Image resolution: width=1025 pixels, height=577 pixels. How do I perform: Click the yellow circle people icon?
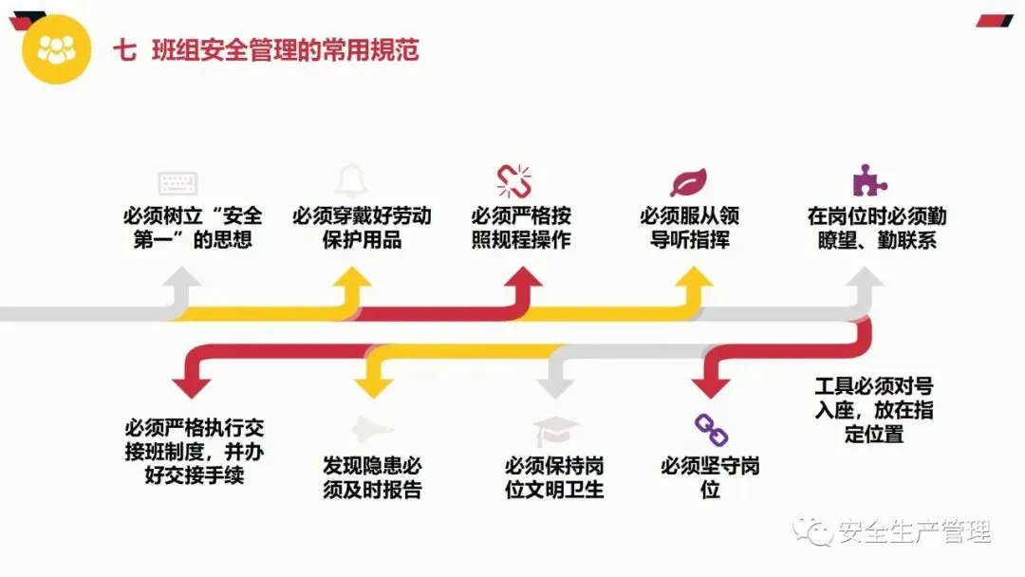point(56,50)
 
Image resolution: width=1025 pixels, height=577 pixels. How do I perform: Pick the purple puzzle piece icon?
point(865,179)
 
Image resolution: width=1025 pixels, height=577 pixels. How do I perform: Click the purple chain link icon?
point(711,430)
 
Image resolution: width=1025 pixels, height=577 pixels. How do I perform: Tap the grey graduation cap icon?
point(555,432)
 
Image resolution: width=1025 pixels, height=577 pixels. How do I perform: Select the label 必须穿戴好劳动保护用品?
point(362,228)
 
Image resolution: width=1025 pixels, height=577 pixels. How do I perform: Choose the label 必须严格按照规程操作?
point(521,228)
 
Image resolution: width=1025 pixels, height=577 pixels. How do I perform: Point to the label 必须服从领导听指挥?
point(690,228)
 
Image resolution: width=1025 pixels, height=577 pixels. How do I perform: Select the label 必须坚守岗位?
point(711,477)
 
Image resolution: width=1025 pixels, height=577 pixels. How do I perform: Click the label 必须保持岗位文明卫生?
point(554,477)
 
